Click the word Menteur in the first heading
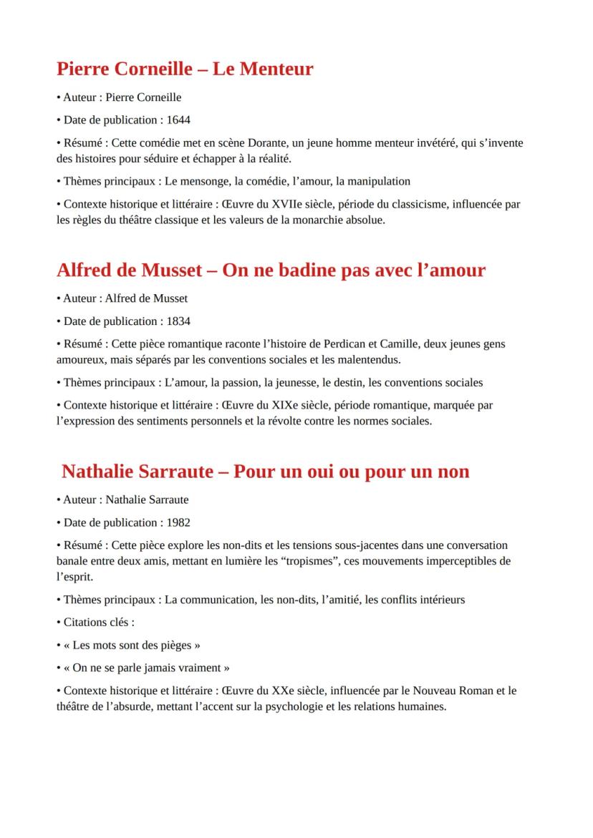(276, 69)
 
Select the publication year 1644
(178, 120)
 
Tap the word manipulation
(378, 181)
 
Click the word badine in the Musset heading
(294, 270)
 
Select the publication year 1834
(178, 321)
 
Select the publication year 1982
(178, 522)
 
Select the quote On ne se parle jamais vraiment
(146, 668)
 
